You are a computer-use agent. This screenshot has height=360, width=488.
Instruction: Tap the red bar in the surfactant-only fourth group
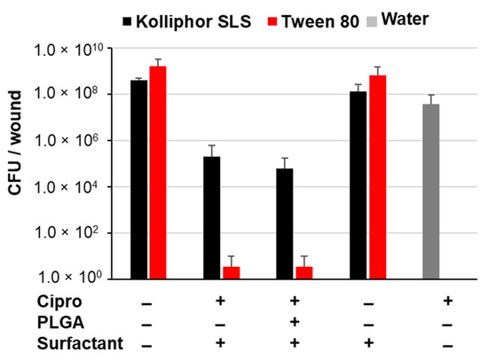coord(379,176)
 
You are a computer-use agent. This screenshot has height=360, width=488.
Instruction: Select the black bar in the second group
coord(212,217)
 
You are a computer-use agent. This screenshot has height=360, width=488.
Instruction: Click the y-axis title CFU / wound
coord(17,163)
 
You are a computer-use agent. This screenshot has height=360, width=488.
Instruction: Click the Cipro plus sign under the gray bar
coord(445,301)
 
